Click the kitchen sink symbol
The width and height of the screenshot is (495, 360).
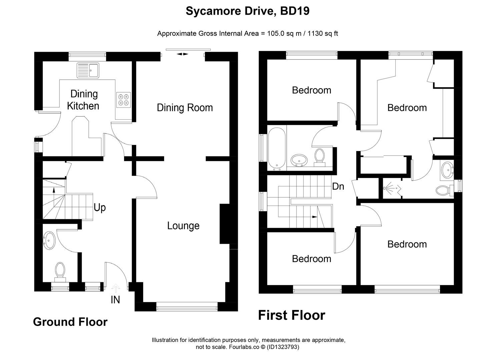tap(88, 70)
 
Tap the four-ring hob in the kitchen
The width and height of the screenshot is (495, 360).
tap(123, 100)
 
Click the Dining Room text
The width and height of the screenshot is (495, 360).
tap(185, 108)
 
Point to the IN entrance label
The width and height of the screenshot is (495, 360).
tap(115, 300)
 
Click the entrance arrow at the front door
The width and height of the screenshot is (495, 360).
tap(115, 288)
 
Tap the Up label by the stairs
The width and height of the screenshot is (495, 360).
tap(99, 208)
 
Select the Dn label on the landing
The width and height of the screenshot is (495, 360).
tap(338, 187)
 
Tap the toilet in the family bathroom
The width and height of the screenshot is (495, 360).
tap(320, 158)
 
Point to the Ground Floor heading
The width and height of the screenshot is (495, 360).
tap(70, 322)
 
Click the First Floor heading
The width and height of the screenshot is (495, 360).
tap(292, 315)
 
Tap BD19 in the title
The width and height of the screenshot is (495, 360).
tap(295, 11)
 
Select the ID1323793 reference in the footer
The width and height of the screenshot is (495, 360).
tap(283, 347)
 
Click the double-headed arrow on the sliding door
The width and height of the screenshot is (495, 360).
tap(182, 54)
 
